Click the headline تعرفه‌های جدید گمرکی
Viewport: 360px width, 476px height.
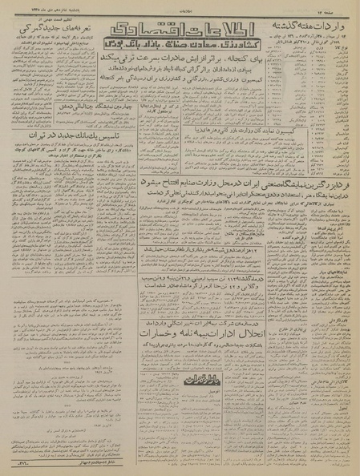coord(48,28)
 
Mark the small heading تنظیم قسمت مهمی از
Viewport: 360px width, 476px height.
coord(48,16)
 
